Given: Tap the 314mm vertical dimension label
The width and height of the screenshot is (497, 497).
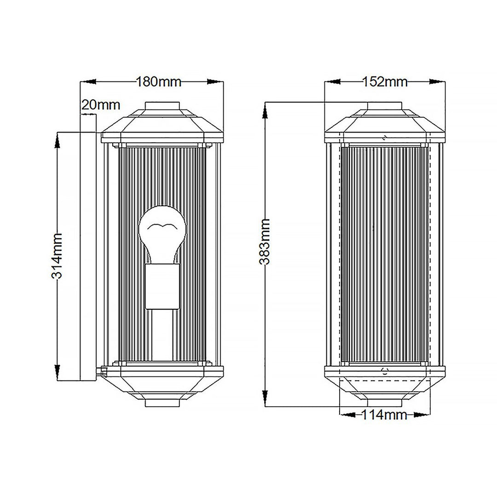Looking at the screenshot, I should coord(57,255).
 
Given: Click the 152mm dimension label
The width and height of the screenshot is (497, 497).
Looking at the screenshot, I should coord(385,82).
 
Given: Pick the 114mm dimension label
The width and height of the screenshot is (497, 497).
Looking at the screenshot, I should coord(384,415).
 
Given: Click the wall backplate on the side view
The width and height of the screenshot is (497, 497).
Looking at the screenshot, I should coord(87,255).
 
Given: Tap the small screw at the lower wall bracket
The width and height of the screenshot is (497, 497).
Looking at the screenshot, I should coord(104,370).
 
